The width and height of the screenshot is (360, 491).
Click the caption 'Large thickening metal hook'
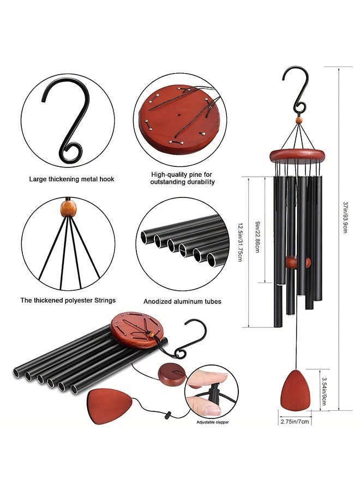click(x=71, y=179)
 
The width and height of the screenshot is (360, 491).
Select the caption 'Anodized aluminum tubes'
click(x=183, y=302)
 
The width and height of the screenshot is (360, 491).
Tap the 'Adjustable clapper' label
click(x=213, y=422)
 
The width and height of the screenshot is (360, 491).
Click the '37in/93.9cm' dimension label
click(x=345, y=218)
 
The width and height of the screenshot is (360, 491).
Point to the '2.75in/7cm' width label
click(x=295, y=422)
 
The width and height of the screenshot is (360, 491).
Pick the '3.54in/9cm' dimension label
click(x=325, y=391)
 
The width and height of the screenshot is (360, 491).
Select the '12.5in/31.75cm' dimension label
click(x=241, y=242)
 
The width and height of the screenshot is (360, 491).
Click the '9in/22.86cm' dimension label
click(x=257, y=237)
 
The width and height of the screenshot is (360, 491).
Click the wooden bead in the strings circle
click(x=68, y=209)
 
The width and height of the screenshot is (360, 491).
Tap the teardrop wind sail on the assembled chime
click(x=296, y=390)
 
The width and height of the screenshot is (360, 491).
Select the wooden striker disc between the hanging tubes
click(x=298, y=262)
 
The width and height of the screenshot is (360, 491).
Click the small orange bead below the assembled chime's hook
click(x=299, y=120)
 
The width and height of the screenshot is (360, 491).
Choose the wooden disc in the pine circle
click(x=179, y=118)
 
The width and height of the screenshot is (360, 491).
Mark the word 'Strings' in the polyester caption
click(x=103, y=300)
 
